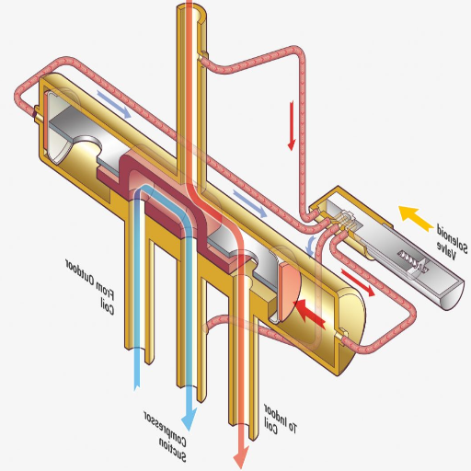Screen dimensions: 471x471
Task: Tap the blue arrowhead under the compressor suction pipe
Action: tap(190, 418)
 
